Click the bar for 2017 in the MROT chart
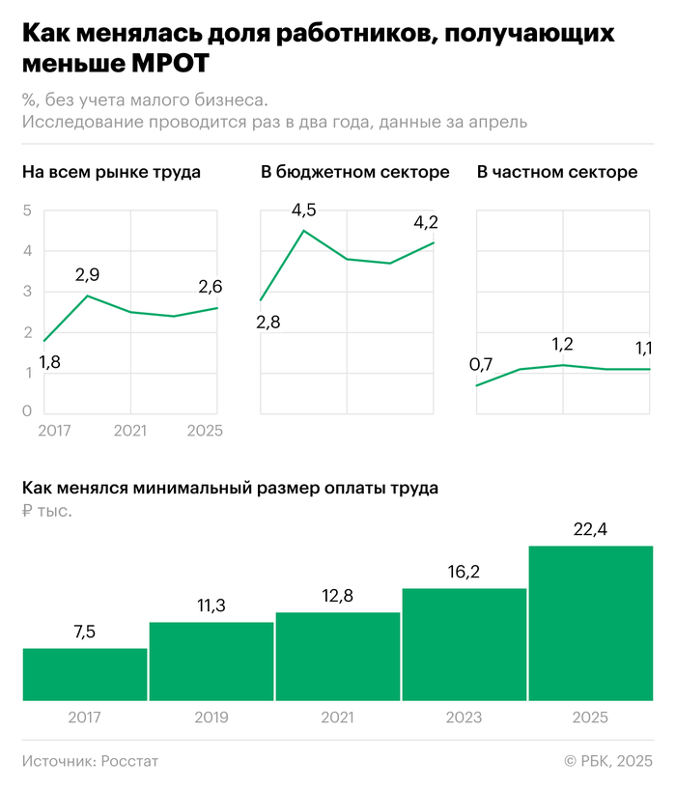point(85,674)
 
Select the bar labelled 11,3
point(211,661)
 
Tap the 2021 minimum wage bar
point(338,657)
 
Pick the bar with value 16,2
point(465,644)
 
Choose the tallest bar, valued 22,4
point(591,623)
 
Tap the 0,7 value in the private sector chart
point(481,364)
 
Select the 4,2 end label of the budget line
point(426,222)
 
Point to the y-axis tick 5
point(27,211)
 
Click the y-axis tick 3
point(27,292)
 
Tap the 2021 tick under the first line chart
point(130,431)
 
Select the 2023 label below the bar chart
point(465,718)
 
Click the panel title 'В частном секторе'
point(556,173)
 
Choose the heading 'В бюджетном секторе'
point(354,173)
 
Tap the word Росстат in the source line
point(129,761)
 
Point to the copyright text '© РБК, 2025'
point(608,761)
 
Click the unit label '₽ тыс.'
point(46,511)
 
